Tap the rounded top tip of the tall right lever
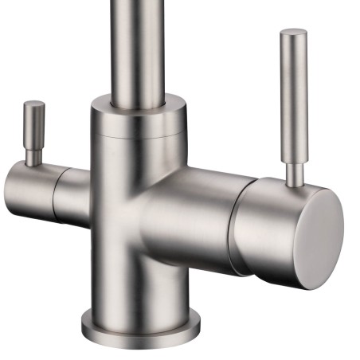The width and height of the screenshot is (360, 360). point(293,33)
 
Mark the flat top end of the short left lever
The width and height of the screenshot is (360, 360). point(34,104)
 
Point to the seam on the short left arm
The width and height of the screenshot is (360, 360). point(54,186)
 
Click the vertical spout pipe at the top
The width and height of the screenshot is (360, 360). point(136,48)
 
